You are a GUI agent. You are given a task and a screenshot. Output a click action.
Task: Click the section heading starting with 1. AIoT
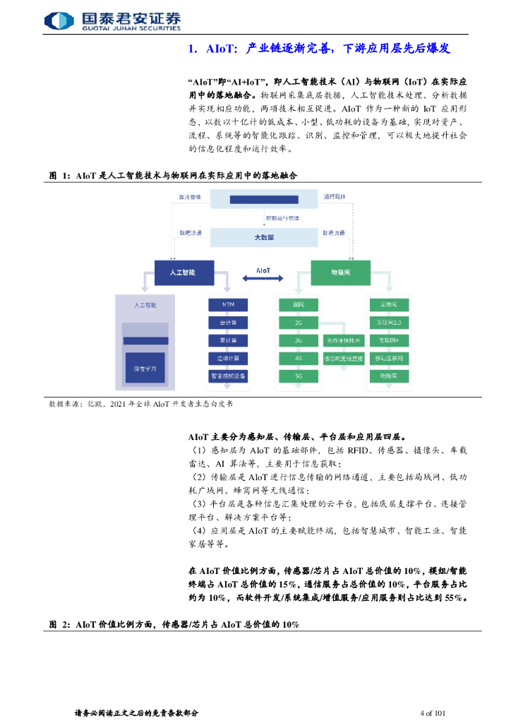tap(319, 49)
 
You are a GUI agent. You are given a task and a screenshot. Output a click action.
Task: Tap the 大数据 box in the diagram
tap(263, 237)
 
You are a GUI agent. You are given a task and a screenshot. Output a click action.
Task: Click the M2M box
tap(227, 304)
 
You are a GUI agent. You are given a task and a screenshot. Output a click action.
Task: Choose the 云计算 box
tap(227, 322)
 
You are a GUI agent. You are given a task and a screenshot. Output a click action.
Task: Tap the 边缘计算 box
tap(227, 358)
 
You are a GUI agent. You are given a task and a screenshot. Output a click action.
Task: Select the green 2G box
tap(299, 322)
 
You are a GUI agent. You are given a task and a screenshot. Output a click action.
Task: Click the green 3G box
tap(299, 340)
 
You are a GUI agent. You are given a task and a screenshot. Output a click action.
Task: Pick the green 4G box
tap(299, 358)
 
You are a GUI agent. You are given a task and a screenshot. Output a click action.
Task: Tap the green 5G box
tap(299, 376)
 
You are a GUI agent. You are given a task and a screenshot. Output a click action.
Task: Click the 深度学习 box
tap(145, 369)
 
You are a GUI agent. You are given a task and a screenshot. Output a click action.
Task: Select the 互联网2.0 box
tap(390, 322)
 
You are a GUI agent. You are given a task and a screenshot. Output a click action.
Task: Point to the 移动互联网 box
tap(390, 358)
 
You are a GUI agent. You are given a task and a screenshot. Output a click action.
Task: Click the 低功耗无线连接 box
tap(343, 358)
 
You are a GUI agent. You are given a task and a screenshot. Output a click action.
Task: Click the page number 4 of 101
tap(432, 713)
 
